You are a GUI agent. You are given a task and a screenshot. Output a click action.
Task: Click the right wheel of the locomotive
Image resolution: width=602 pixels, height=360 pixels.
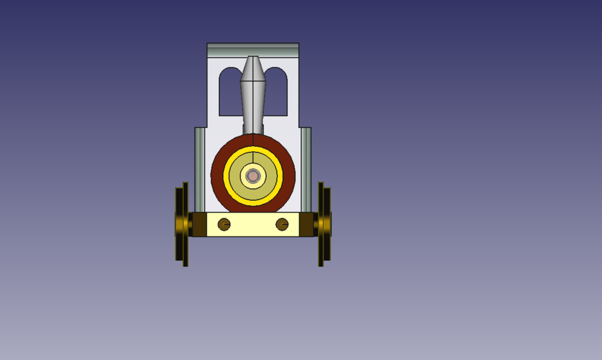point(325,224)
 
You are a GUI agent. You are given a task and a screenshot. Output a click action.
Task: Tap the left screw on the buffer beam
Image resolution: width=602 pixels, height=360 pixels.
point(224,224)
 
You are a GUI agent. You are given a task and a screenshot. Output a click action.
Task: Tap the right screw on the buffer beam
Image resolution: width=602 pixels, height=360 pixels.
point(282,224)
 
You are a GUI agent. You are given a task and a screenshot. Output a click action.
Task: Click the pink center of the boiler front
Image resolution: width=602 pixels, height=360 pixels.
point(253,176)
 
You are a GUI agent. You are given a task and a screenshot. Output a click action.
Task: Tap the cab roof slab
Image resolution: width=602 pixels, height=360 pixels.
point(253,50)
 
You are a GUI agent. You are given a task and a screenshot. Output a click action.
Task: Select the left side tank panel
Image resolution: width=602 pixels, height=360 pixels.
point(199,169)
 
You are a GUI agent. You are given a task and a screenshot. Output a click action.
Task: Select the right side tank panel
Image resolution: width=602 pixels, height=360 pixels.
point(306,169)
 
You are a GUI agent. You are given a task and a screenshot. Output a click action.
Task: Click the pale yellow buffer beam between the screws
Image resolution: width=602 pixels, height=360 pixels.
point(253,225)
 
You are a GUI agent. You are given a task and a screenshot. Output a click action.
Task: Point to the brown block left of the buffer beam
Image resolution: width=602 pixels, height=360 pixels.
point(198,225)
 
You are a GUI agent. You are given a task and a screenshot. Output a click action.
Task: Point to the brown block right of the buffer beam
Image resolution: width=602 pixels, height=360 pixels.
point(307,225)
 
